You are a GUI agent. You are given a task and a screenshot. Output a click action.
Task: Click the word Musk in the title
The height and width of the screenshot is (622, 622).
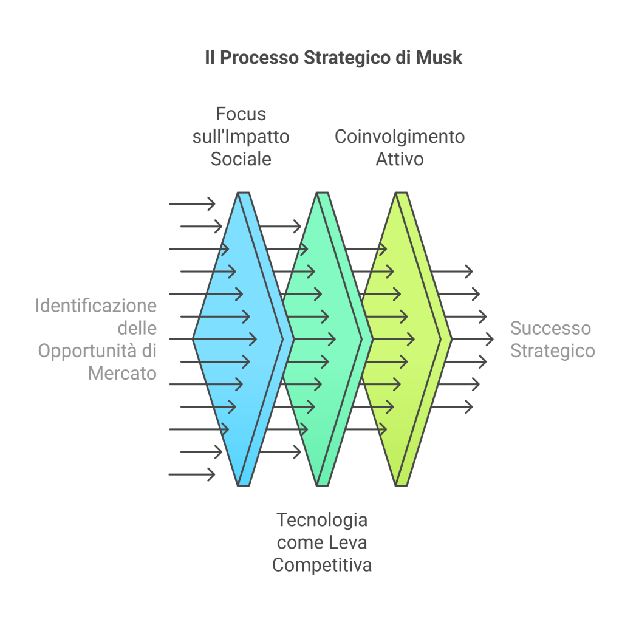[439, 58]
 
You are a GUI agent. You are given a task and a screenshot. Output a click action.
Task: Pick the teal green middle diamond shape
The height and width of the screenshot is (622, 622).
[316, 364]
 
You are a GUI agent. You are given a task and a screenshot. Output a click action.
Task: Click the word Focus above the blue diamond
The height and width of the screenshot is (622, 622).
[241, 114]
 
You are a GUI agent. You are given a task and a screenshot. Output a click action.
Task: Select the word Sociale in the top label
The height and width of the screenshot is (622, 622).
[241, 159]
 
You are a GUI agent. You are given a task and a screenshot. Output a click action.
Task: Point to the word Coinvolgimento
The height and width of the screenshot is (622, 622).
[400, 137]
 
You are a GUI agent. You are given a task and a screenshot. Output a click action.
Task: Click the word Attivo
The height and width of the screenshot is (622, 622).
[400, 159]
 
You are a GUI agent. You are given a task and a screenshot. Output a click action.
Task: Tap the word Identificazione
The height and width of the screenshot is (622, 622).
[95, 305]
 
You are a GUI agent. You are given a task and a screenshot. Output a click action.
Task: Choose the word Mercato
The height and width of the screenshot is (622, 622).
[122, 373]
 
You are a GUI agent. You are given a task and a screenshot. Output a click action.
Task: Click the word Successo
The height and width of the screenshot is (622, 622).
[550, 328]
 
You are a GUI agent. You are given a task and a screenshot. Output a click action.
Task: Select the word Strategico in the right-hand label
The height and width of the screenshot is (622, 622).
[552, 351]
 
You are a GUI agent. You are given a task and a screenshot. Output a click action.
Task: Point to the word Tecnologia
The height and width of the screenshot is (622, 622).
[322, 520]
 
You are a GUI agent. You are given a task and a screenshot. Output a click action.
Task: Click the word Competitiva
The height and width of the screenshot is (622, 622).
[322, 566]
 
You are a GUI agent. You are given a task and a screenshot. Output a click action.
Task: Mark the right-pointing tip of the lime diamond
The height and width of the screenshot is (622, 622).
[451, 339]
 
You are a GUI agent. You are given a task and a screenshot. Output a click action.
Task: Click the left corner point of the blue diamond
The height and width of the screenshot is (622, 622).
[194, 339]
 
